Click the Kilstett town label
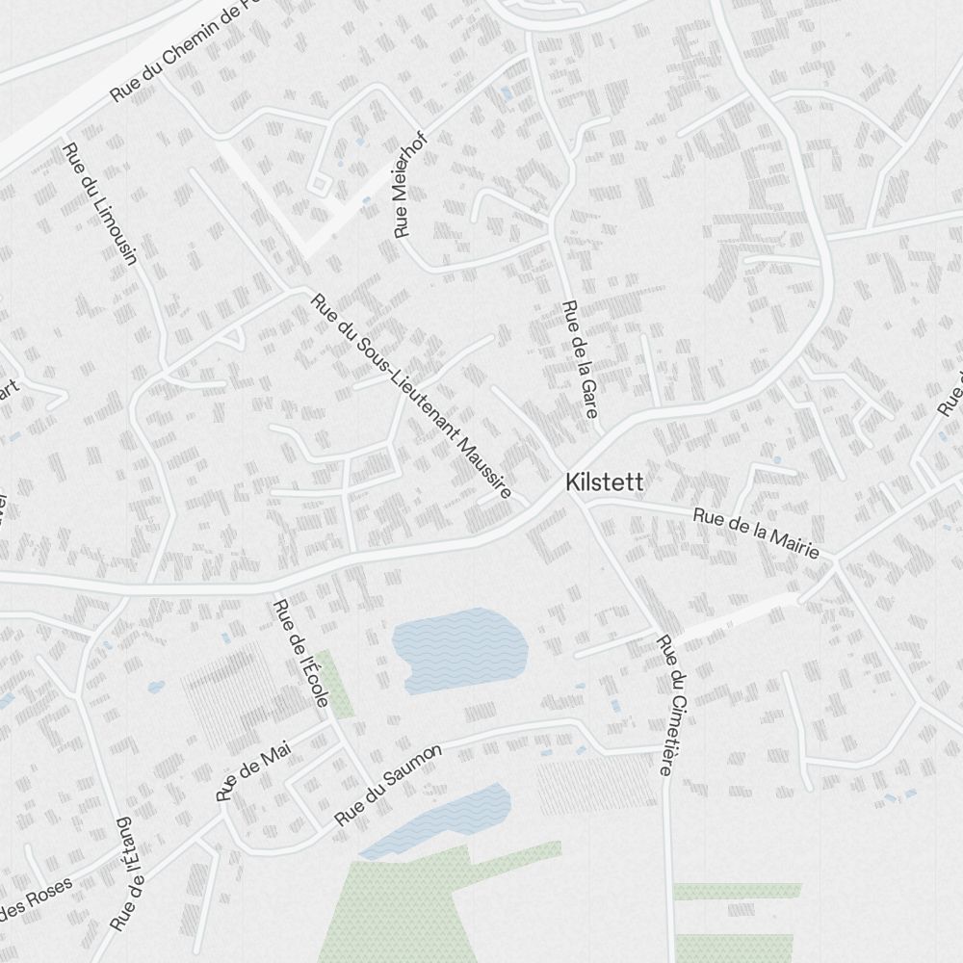605,481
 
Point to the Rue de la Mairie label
756,533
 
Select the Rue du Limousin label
100,203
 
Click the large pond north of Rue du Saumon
461,647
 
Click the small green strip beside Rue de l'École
335,683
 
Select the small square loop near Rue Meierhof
317,184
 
